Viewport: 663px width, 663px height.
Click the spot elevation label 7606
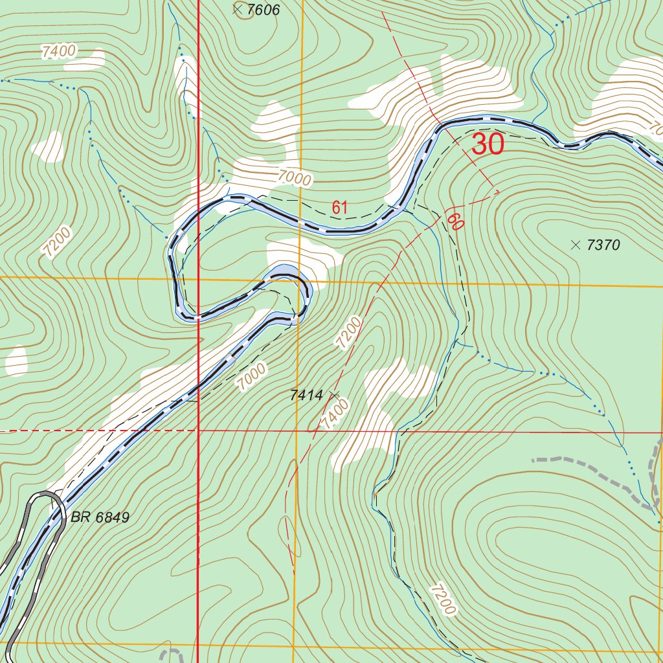[x=263, y=10]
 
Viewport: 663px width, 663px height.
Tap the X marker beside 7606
[x=237, y=9]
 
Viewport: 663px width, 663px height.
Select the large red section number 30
[x=488, y=144]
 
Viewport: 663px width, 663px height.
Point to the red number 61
[x=340, y=208]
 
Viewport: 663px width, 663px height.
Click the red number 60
[x=455, y=223]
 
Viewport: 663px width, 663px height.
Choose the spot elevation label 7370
[x=603, y=245]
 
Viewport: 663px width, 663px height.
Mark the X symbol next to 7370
[x=575, y=244]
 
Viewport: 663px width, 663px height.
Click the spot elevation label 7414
[x=306, y=394]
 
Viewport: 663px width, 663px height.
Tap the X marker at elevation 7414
[x=334, y=394]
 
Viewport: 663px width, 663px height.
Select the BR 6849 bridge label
[x=100, y=517]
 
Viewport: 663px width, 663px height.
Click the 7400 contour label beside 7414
[x=334, y=414]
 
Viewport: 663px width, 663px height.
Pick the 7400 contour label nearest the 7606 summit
[x=58, y=51]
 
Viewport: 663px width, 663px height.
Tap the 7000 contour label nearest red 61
[x=295, y=177]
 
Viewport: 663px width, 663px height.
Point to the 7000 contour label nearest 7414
[x=251, y=376]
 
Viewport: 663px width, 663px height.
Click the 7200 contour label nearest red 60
[x=347, y=333]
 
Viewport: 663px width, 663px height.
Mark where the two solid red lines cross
[x=198, y=431]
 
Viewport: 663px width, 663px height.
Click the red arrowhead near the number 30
[x=497, y=191]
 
